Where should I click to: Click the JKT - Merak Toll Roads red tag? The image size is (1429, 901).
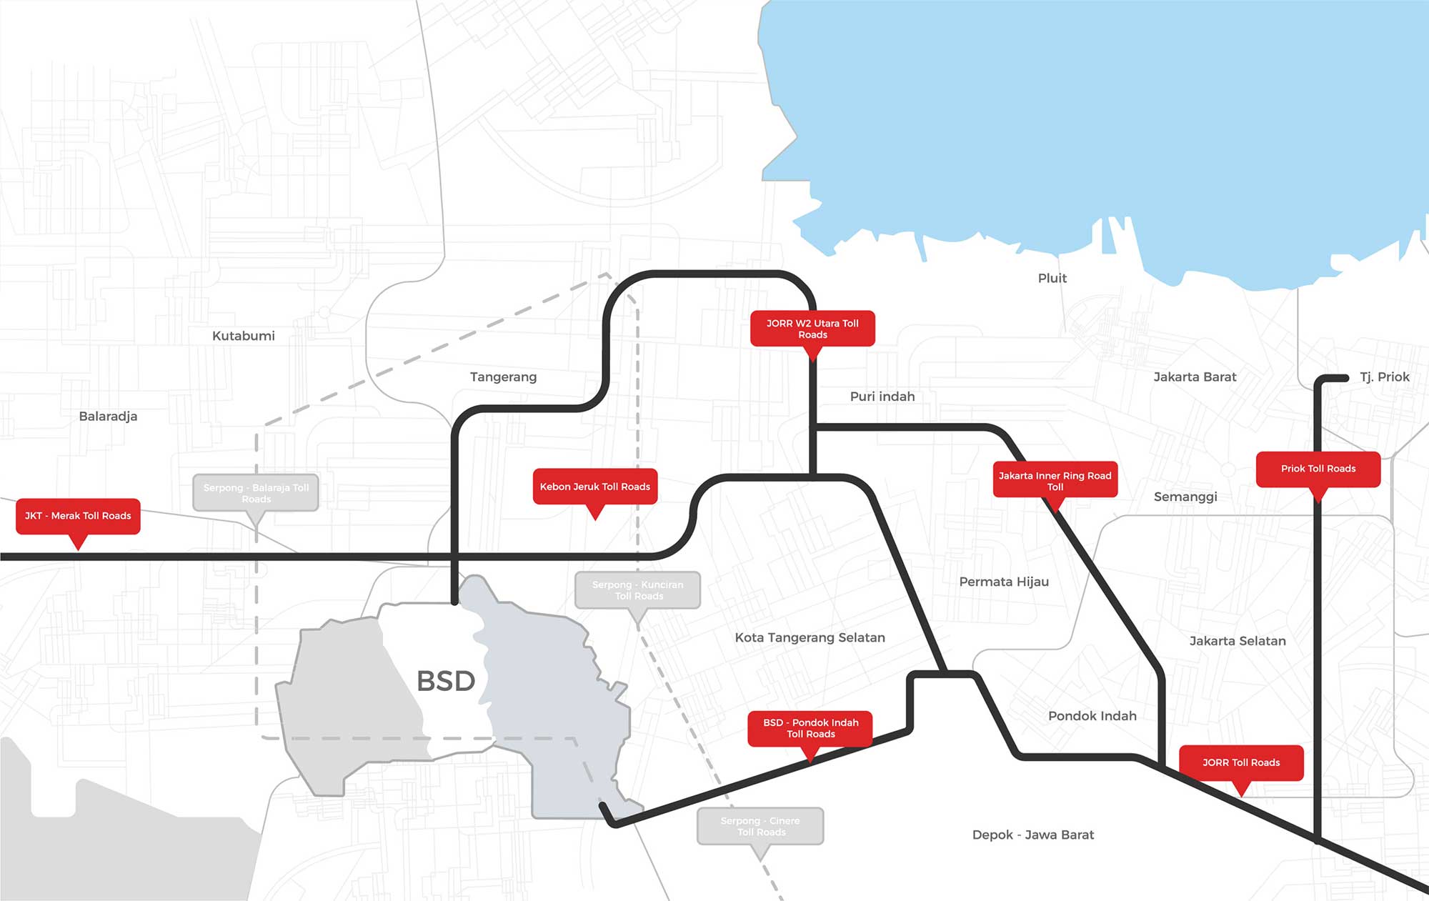pos(78,516)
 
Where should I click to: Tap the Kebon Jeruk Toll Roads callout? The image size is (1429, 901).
pos(594,487)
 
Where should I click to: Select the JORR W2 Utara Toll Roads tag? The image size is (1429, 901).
pos(812,329)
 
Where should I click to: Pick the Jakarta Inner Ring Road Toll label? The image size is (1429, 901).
pos(1055,480)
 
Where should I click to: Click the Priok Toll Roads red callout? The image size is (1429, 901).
pos(1318,469)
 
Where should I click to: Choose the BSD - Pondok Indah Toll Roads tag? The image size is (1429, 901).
pos(810,728)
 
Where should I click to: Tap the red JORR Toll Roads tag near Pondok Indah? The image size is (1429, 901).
pos(1241,762)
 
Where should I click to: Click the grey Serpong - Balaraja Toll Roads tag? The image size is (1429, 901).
pos(256,493)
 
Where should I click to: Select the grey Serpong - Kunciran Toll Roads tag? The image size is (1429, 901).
pos(637,590)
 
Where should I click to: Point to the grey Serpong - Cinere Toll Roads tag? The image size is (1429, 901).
pos(760,826)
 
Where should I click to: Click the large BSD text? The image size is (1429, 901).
pos(446,681)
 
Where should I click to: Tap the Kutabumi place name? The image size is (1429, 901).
pos(243,336)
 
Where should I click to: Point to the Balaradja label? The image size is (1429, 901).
pos(108,417)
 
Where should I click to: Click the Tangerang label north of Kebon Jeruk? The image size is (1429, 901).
pos(503,377)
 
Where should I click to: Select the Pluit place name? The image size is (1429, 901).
pos(1052,278)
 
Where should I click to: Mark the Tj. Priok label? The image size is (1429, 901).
pos(1384,377)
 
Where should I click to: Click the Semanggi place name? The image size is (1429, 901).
pos(1185,497)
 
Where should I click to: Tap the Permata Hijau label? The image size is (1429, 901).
pos(1004,582)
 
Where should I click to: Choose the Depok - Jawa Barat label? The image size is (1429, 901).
pos(1032,835)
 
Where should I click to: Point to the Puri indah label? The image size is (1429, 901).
pos(882,397)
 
